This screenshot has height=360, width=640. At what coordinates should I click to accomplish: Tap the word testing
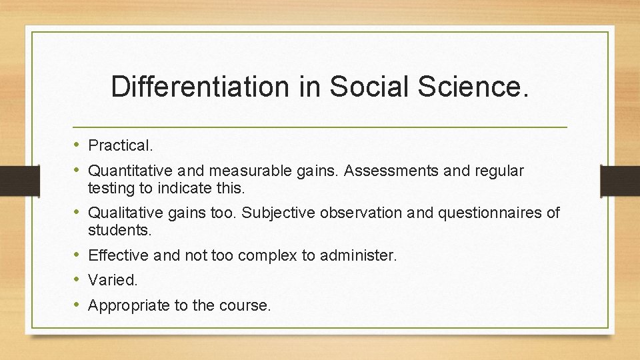pyautogui.click(x=111, y=189)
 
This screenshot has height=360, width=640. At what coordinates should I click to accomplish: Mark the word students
pyautogui.click(x=120, y=231)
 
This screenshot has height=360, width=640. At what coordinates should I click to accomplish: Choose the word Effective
pyautogui.click(x=118, y=255)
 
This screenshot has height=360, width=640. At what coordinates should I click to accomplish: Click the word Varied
pyautogui.click(x=113, y=281)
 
